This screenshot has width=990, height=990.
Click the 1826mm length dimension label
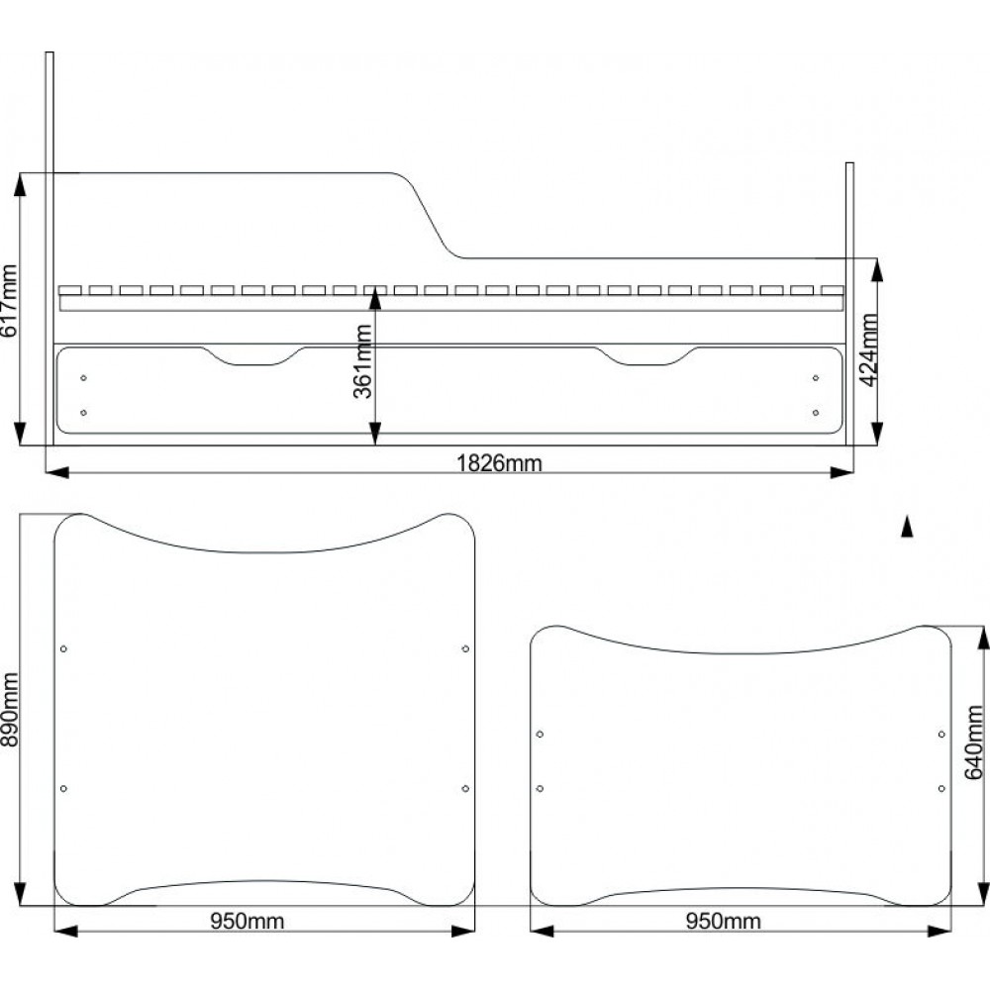[499, 463]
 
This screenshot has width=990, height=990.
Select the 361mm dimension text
[362, 361]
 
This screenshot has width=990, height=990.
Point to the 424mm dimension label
[869, 349]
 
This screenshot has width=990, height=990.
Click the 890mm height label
[9, 709]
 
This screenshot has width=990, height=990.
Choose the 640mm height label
[975, 742]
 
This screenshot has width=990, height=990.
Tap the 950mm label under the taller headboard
[247, 921]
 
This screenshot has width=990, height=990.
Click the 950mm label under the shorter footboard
[723, 921]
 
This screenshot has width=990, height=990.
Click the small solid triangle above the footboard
[907, 527]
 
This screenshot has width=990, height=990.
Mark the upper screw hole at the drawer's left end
[83, 378]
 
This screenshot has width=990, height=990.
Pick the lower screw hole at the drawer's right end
[816, 413]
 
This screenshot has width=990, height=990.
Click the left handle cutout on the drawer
[252, 356]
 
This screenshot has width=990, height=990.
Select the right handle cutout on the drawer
[646, 356]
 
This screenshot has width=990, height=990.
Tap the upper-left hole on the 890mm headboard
[63, 649]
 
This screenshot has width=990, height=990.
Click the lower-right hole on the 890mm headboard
[465, 789]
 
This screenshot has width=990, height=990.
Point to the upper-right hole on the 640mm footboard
[941, 735]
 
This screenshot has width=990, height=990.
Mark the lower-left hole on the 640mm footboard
[540, 789]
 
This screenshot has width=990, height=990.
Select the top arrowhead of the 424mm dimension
[877, 269]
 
